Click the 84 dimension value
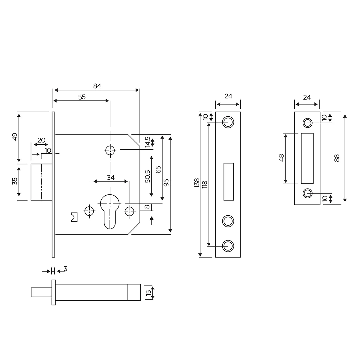click(97, 86)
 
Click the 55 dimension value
click(82, 97)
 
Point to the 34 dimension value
click(111, 178)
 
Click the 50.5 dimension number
click(148, 176)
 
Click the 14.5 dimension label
click(147, 142)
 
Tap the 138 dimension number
click(197, 183)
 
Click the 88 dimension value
click(337, 158)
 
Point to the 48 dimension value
click(281, 158)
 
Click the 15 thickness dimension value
click(148, 292)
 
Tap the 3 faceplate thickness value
click(65, 269)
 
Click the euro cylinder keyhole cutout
click(110, 210)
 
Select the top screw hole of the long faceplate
click(228, 122)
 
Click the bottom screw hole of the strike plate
click(307, 193)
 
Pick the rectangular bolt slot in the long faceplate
click(229, 181)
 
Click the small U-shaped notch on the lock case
click(74, 217)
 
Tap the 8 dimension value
click(147, 207)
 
